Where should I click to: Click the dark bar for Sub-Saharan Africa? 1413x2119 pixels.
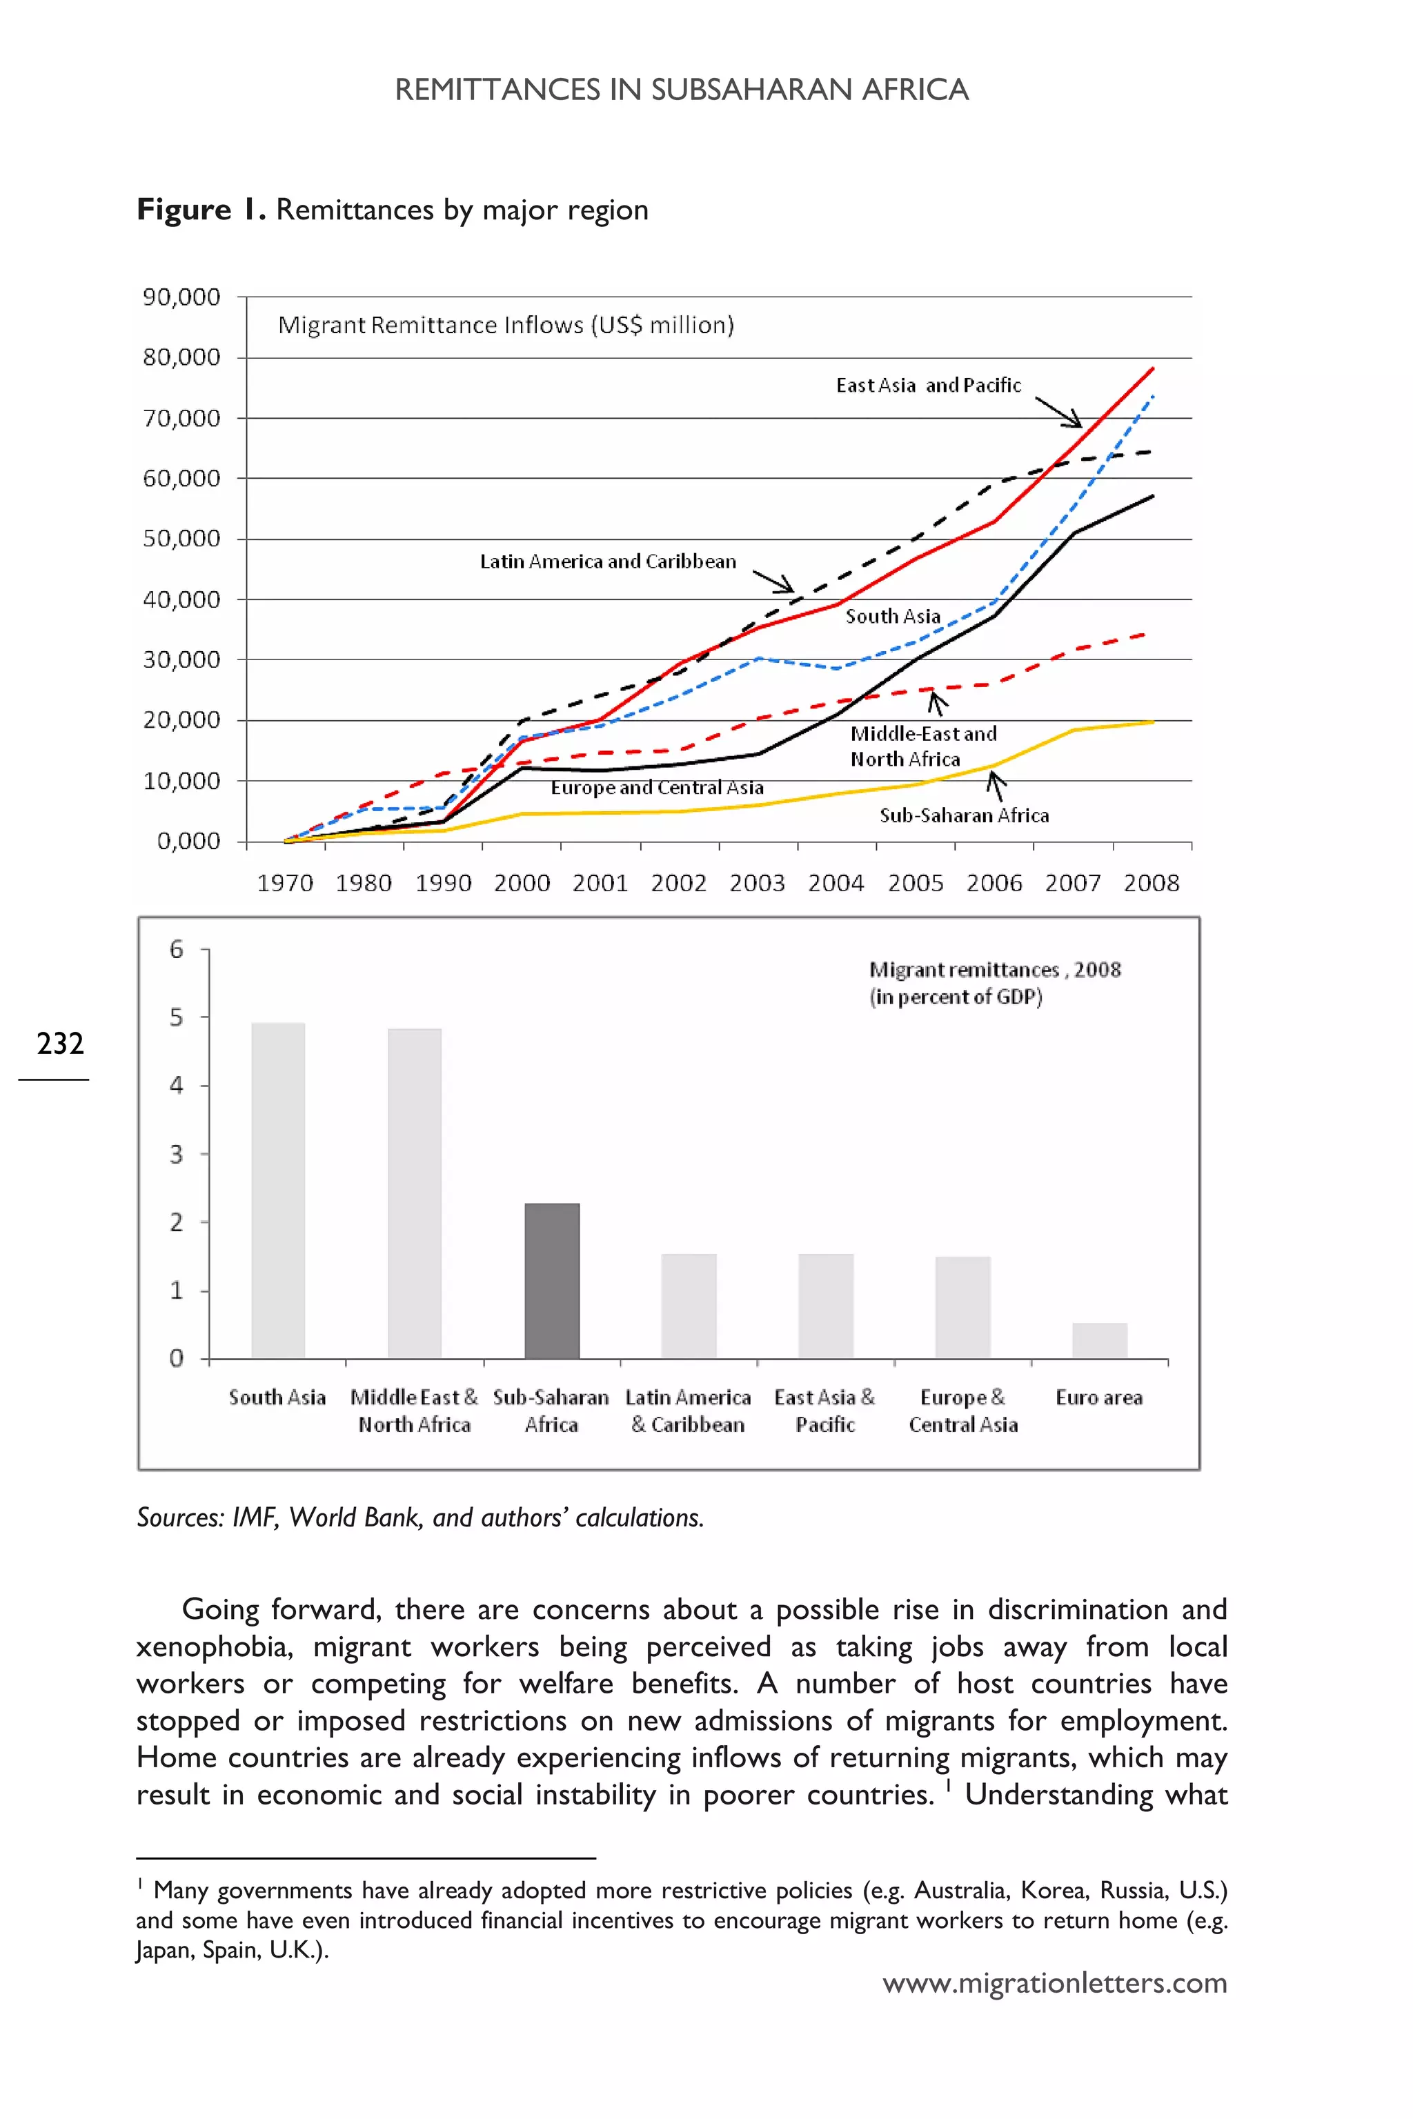551,1280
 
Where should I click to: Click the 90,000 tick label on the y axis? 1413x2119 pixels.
181,297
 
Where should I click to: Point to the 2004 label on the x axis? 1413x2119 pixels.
836,883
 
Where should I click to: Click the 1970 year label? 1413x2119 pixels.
285,883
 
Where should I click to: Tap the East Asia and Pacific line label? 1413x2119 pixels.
928,386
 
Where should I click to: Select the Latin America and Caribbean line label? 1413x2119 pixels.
607,561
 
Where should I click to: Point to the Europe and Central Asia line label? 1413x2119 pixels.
657,788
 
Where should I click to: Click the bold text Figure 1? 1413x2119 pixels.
201,209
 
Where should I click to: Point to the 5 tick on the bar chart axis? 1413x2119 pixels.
177,1017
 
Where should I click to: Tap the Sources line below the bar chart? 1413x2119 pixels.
420,1518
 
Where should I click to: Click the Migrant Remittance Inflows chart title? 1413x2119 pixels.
506,326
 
